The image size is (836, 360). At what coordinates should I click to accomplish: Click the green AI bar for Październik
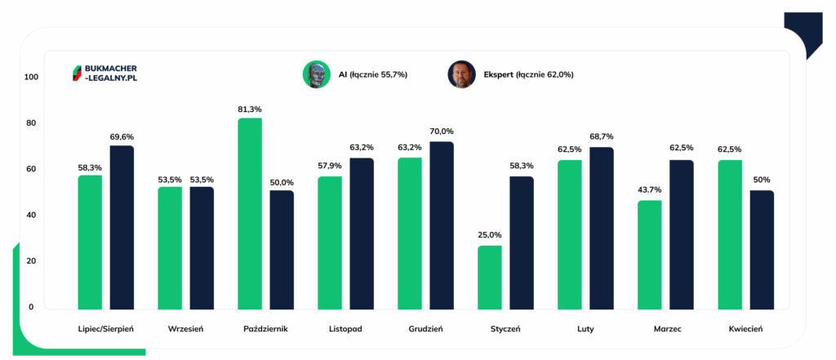[250, 214]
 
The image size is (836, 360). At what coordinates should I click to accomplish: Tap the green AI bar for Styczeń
[490, 277]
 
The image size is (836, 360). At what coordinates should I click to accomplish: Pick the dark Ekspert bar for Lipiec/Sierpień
[122, 228]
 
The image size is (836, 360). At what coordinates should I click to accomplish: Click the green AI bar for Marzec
[650, 255]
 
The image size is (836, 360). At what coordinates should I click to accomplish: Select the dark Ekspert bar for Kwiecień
[762, 250]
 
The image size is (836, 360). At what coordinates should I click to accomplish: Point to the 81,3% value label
[250, 109]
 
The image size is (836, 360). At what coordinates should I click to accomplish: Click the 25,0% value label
[490, 235]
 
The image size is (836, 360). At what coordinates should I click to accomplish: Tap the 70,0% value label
[442, 131]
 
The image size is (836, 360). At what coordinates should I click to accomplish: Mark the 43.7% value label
[650, 190]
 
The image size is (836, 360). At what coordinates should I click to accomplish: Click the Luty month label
[585, 329]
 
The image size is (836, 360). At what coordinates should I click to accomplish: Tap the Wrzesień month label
[185, 329]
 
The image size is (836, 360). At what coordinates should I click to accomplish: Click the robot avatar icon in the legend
[315, 74]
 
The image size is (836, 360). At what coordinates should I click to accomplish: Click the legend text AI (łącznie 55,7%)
[373, 75]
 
